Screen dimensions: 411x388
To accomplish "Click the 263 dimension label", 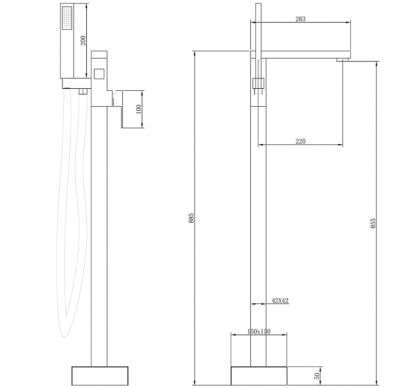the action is click(x=301, y=18).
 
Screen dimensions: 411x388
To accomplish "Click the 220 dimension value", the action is click(x=301, y=141).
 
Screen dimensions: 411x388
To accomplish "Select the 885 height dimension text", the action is click(x=191, y=218).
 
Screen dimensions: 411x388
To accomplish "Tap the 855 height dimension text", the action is click(x=373, y=223).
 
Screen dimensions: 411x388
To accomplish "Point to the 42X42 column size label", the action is click(x=280, y=300).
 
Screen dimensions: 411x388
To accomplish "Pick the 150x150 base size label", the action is click(x=259, y=331).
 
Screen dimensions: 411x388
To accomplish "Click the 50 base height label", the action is click(x=317, y=376).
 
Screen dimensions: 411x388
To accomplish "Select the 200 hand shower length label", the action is click(x=83, y=41).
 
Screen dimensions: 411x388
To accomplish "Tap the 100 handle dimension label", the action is click(x=138, y=109).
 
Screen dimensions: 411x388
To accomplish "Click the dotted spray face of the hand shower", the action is click(x=67, y=18).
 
